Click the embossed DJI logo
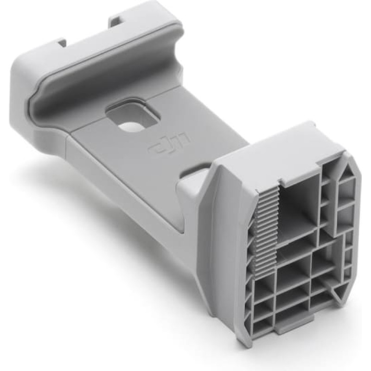pyautogui.click(x=166, y=143)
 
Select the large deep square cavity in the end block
pyautogui.click(x=299, y=206)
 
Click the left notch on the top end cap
pyautogui.click(x=62, y=43)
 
